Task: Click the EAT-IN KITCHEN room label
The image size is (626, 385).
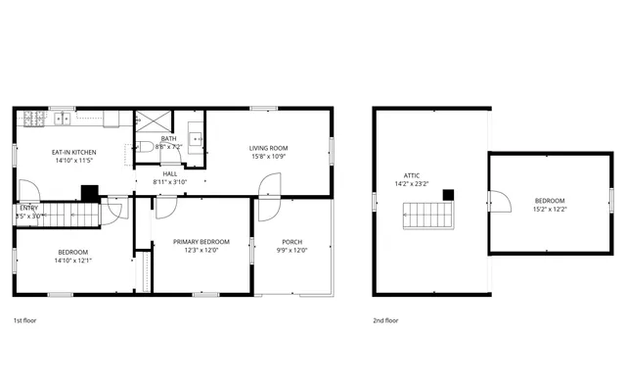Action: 74,152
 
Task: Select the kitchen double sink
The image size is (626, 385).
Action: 64,120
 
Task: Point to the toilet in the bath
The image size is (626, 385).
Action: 144,147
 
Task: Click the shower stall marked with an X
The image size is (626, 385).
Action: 153,121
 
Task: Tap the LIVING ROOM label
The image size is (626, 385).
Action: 268,148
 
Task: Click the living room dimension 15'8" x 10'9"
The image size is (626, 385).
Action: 268,157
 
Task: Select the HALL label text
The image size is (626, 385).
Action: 169,172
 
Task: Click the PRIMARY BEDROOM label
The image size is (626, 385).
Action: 201,242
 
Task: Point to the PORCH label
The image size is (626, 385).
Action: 291,242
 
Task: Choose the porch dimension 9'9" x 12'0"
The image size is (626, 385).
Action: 291,251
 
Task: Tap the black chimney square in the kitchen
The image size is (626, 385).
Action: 91,193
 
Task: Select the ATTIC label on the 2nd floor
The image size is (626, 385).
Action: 412,174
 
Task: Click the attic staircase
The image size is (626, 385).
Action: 429,215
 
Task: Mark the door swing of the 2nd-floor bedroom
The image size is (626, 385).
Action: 502,201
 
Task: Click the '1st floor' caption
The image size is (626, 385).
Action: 26,320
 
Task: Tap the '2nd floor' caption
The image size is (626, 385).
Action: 385,320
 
